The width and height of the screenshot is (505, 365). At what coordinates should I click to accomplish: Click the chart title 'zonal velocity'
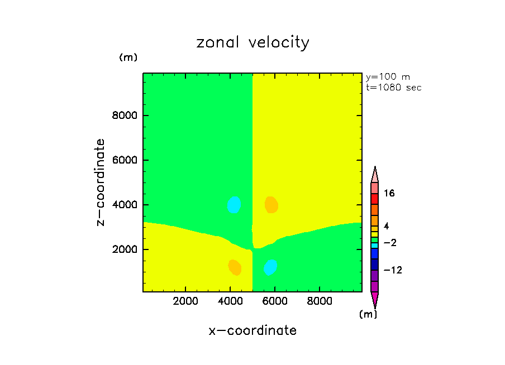point(252,43)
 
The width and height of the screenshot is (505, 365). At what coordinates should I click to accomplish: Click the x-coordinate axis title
point(252,330)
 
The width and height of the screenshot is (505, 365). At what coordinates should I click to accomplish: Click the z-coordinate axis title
point(101,182)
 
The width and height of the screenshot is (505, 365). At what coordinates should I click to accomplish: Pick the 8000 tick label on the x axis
point(319,301)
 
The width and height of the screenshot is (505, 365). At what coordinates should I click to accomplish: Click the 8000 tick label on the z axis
point(127,116)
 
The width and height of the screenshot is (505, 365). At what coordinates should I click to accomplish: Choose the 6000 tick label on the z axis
point(127,160)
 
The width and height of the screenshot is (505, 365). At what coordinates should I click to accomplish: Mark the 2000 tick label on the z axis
point(127,249)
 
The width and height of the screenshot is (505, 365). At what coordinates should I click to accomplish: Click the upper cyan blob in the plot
point(234,205)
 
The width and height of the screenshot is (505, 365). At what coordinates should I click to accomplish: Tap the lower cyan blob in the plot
point(270,267)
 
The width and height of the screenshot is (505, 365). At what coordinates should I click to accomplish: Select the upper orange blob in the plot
point(271,205)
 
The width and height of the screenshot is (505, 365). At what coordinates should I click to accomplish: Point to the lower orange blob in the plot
point(235,267)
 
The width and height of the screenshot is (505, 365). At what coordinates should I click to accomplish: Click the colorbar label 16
point(389,194)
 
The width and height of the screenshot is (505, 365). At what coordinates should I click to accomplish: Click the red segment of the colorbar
point(375,199)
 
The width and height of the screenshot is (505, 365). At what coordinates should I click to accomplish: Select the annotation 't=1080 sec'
point(393,88)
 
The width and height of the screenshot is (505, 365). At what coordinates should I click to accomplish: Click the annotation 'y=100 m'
point(388,77)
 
